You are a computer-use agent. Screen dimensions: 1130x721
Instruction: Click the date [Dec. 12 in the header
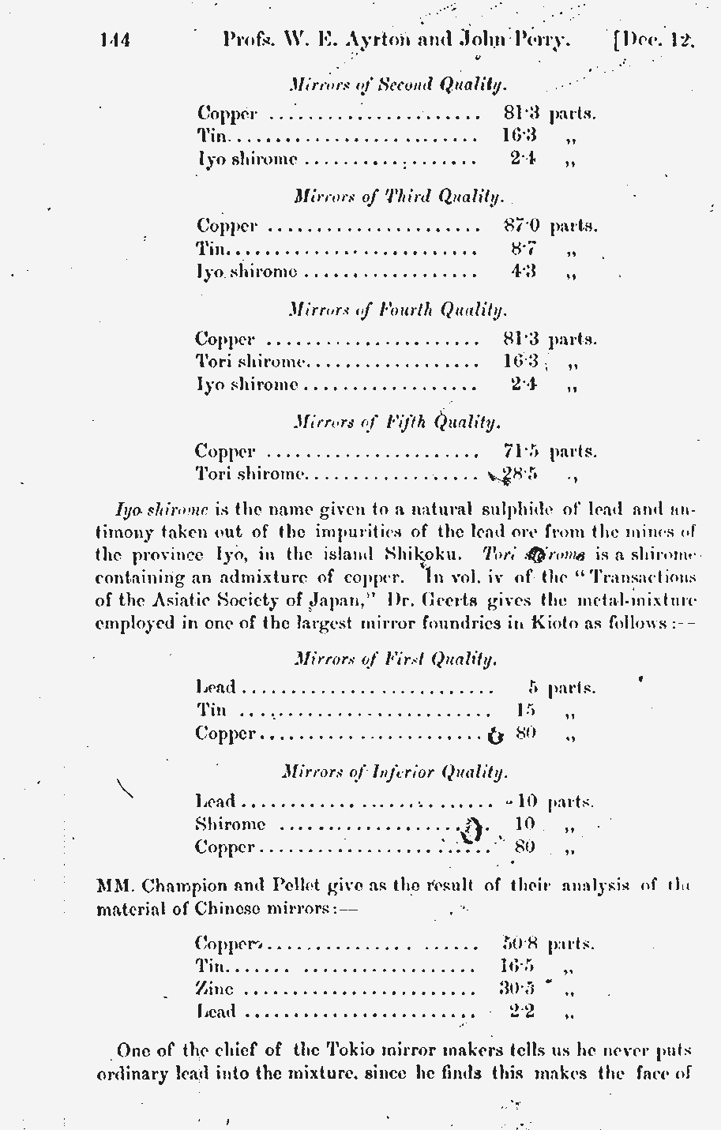(x=654, y=40)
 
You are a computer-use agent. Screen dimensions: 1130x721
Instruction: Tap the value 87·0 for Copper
(x=520, y=226)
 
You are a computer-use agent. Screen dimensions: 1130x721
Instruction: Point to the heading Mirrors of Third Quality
(x=398, y=196)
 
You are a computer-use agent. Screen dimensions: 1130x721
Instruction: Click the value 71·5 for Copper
(x=520, y=452)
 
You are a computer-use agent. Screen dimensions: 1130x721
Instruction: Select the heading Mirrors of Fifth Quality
(x=396, y=422)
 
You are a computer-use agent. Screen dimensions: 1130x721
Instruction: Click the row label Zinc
(x=214, y=989)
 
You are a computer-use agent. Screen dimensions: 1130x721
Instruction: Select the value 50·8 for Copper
(x=520, y=944)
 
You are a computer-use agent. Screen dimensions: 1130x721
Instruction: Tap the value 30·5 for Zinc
(x=517, y=989)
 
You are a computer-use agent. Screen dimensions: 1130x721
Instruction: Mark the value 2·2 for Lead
(x=522, y=1012)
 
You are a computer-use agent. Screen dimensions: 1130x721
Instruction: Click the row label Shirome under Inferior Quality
(x=230, y=824)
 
